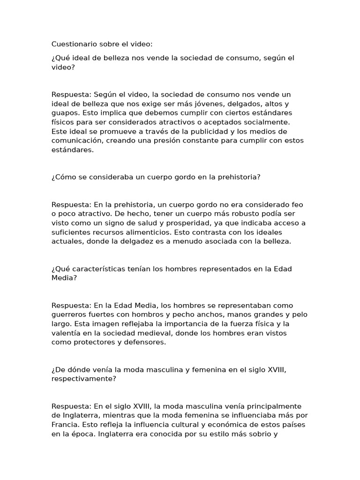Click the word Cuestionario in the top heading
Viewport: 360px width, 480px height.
pyautogui.click(x=74, y=44)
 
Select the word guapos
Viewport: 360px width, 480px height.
pyautogui.click(x=64, y=113)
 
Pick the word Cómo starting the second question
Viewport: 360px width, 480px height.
pyautogui.click(x=63, y=177)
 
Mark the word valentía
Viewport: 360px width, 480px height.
pyautogui.click(x=66, y=333)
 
